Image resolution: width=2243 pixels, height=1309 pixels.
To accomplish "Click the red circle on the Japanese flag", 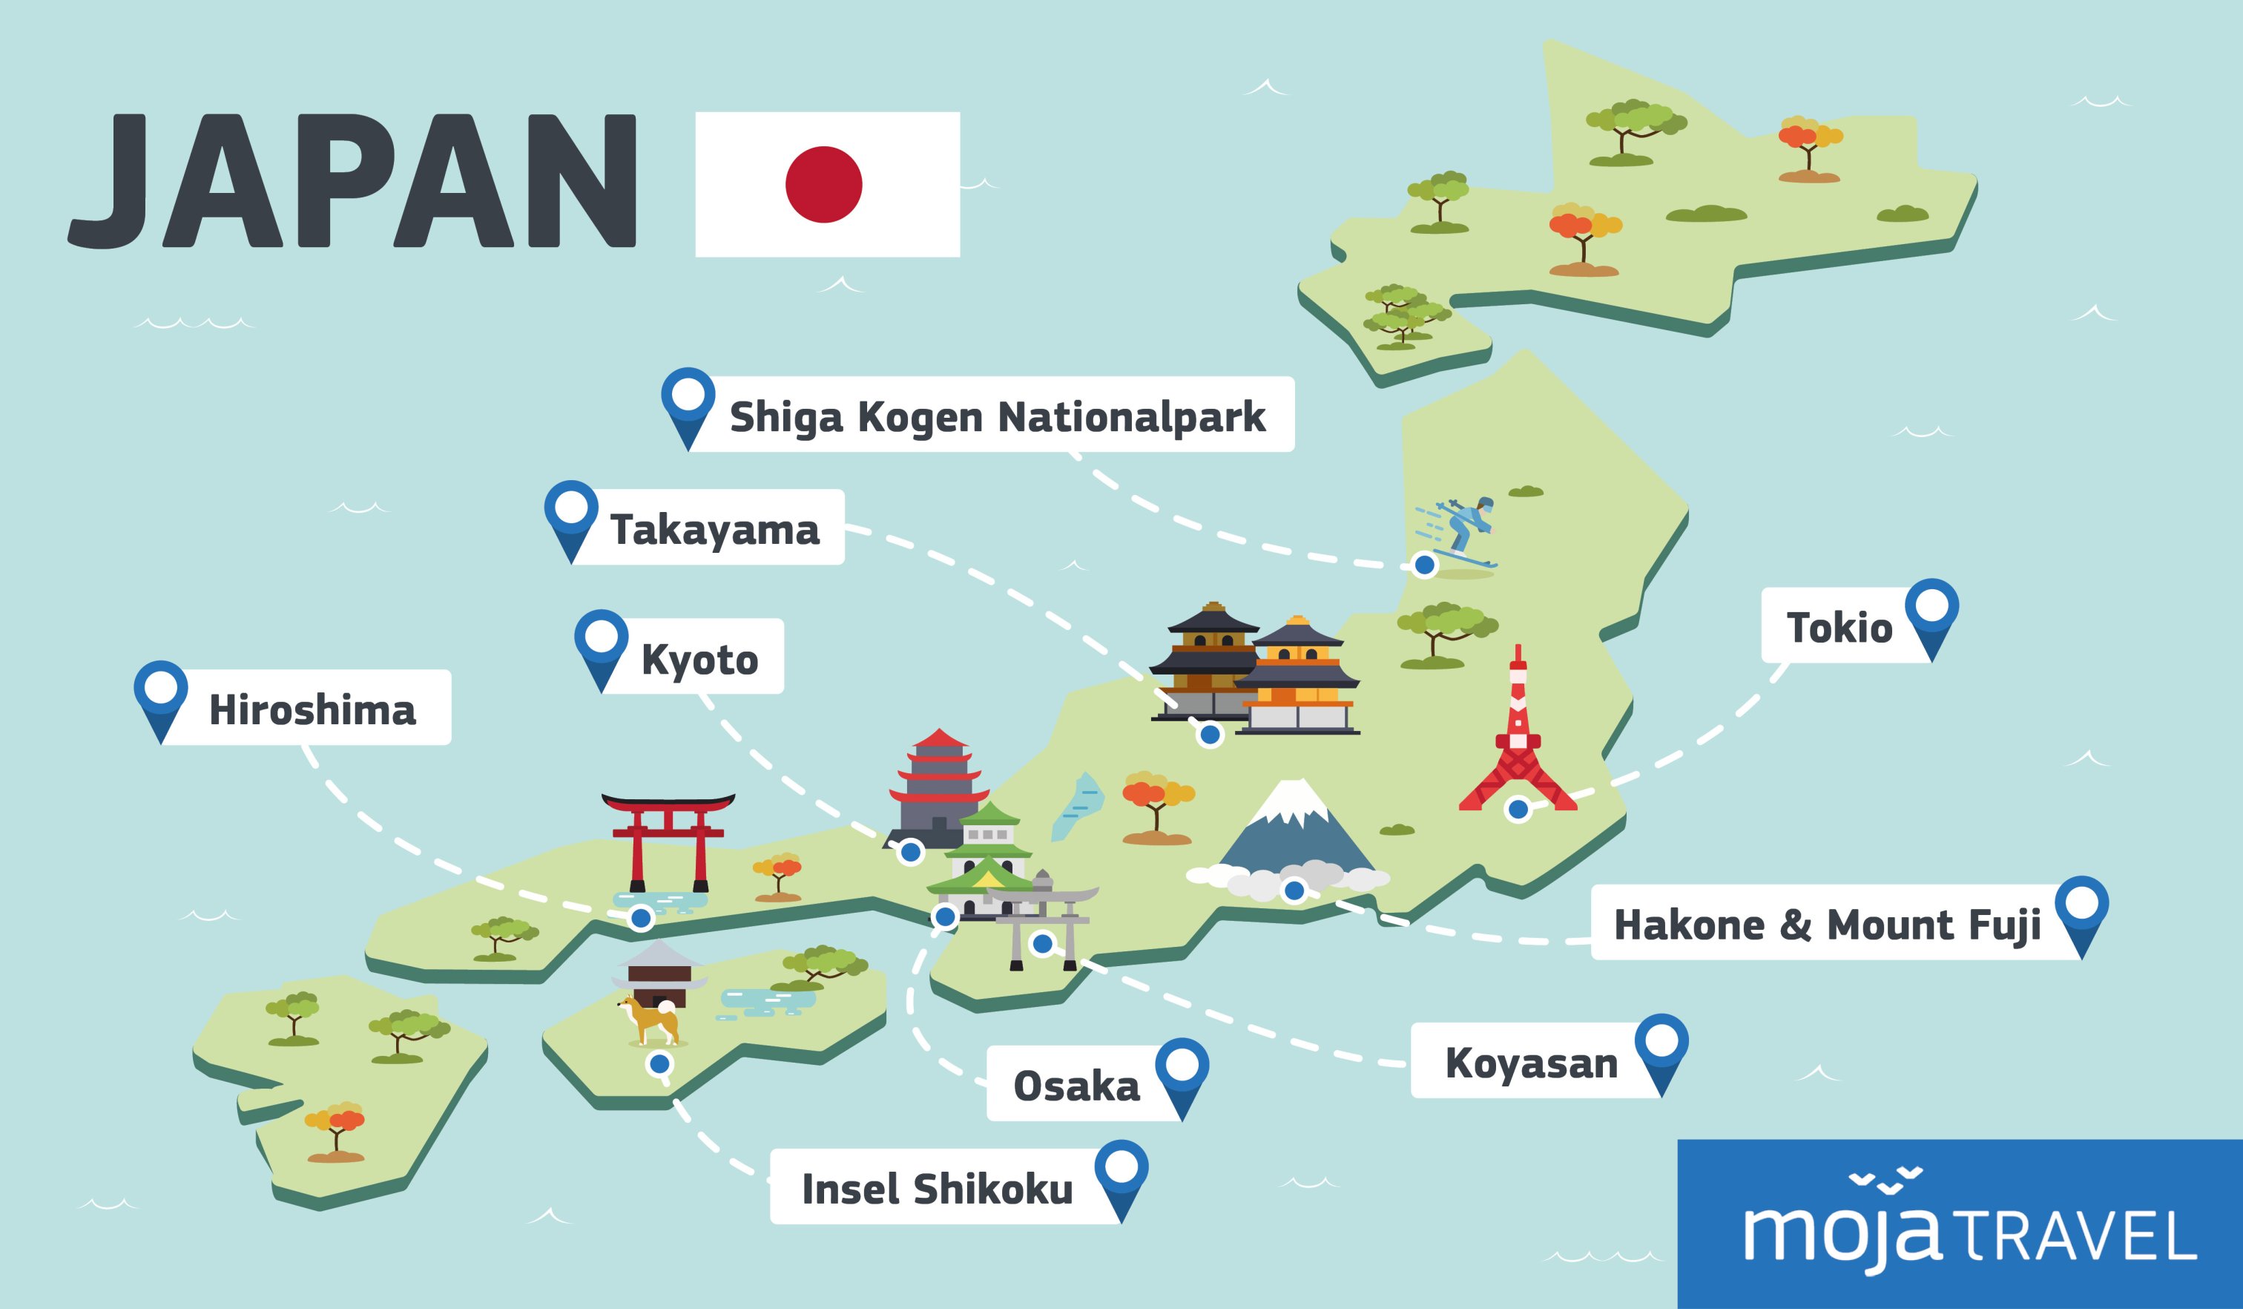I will point(823,184).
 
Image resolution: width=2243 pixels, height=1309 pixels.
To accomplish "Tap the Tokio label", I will point(1839,628).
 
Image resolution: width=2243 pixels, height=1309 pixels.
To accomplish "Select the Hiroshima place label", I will point(312,709).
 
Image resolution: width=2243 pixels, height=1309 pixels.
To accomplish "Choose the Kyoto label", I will point(699,659).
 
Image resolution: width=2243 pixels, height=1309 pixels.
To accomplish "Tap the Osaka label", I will point(1076,1086).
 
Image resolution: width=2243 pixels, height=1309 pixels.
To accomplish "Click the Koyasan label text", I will point(1531,1063).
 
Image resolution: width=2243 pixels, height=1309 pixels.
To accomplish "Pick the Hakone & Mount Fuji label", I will point(1826,925).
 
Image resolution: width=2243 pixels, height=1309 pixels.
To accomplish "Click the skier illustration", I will point(1460,531).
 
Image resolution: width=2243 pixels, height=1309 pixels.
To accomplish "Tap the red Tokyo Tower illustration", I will point(1518,735).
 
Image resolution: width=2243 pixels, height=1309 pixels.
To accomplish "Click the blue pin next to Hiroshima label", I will point(161,698).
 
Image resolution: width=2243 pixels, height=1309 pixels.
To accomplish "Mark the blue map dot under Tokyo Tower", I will point(1518,809).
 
